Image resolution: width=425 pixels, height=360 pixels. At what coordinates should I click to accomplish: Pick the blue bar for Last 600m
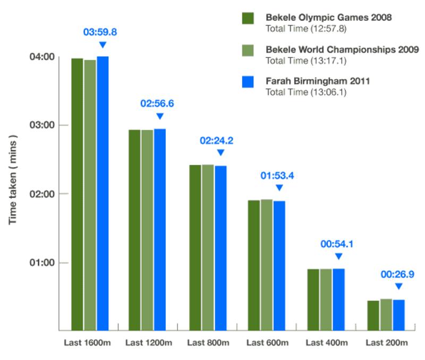pyautogui.click(x=279, y=265)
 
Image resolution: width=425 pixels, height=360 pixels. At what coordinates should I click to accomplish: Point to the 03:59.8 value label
pyautogui.click(x=100, y=32)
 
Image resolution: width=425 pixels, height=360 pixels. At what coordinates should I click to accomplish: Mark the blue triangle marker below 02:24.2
pyautogui.click(x=220, y=153)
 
